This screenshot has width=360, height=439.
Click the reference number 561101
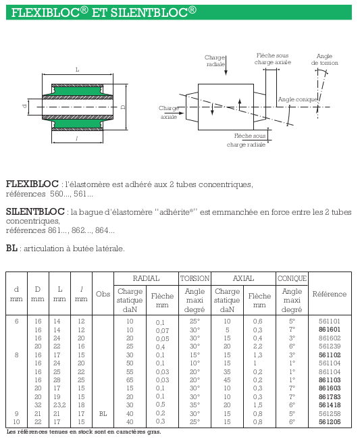tap(329, 321)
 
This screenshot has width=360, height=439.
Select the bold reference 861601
tap(329, 330)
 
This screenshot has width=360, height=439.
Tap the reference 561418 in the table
tap(330, 405)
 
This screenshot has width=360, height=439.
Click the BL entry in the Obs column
tap(103, 413)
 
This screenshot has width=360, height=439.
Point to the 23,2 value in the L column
tap(59, 405)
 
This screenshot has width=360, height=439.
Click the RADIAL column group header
tap(146, 278)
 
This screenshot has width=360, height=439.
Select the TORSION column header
tap(195, 278)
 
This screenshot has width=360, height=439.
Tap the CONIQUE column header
tap(292, 278)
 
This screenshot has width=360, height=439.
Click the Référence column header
tap(330, 294)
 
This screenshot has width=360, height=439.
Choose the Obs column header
tap(103, 294)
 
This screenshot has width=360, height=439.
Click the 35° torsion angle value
tap(195, 405)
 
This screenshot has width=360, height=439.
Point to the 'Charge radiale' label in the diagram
tap(215, 61)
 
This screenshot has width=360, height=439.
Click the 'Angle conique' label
tap(298, 99)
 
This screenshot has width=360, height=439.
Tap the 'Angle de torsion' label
tap(324, 59)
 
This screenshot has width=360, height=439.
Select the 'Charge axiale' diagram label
tap(169, 112)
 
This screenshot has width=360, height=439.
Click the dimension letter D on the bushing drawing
tap(123, 107)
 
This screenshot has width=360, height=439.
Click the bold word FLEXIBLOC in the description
tap(32, 184)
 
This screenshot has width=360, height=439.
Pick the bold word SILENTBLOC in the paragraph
tap(35, 211)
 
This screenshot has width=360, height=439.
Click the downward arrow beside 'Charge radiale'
tap(226, 66)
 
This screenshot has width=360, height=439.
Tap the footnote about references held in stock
tap(84, 432)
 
